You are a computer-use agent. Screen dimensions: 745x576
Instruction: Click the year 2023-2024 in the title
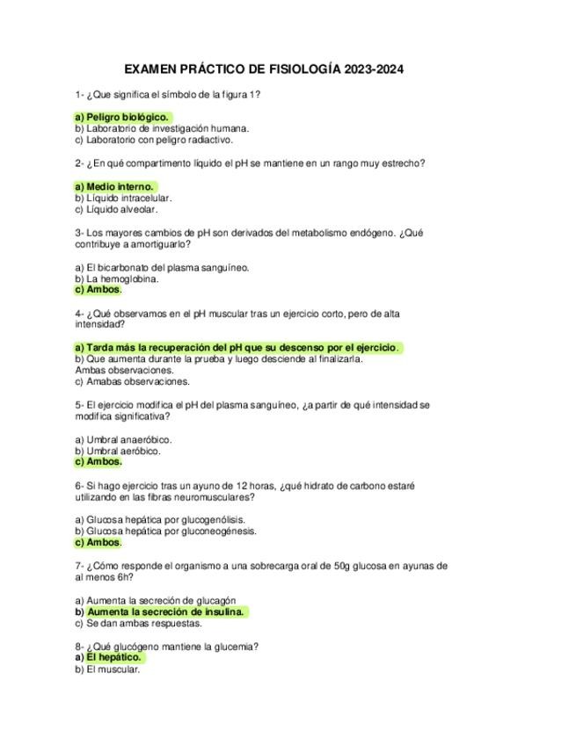[374, 69]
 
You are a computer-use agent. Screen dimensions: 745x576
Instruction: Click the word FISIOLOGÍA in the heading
[303, 69]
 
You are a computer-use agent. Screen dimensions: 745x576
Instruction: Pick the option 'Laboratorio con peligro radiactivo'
[153, 140]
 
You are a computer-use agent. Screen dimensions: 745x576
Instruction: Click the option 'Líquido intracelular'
[122, 199]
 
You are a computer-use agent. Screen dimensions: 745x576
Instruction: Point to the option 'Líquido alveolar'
[115, 210]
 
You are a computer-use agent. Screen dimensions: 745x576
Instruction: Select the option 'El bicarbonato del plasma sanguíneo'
[162, 268]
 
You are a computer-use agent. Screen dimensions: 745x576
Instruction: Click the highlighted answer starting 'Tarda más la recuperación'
[237, 348]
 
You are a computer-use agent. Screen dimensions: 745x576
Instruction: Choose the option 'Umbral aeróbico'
[118, 452]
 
